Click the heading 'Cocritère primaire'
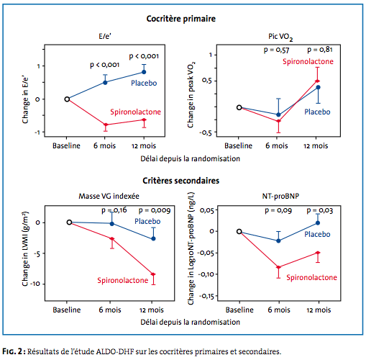point(181,19)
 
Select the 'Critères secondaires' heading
point(181,181)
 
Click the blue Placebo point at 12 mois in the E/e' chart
point(144,72)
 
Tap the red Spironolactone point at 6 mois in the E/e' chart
point(106,125)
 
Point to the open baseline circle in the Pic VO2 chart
point(239,107)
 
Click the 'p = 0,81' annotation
point(320,50)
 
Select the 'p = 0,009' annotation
point(155,210)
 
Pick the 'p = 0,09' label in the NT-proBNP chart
point(278,210)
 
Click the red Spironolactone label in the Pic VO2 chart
point(308,61)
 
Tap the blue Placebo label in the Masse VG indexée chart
point(147,221)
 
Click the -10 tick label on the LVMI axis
point(35,284)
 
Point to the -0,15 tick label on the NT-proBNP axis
point(206,296)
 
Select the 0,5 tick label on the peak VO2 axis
point(207,81)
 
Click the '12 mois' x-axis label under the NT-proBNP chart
point(319,310)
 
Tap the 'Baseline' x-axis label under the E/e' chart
point(66,145)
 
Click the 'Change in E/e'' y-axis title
point(25,100)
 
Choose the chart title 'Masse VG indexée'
point(109,196)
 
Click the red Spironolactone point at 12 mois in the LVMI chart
point(153,274)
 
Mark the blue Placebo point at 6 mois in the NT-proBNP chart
point(278,240)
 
